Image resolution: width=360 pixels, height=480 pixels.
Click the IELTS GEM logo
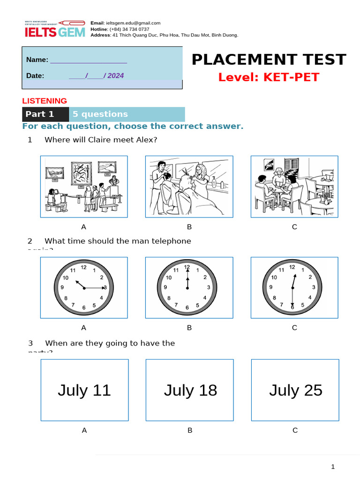coord(54,29)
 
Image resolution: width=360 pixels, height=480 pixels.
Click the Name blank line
coord(88,60)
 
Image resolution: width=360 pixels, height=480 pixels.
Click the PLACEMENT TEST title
coord(269,60)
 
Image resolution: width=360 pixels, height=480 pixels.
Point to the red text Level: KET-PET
coord(269,77)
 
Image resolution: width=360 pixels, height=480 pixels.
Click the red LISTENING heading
coord(45,101)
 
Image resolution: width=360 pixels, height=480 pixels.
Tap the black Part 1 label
coord(40,114)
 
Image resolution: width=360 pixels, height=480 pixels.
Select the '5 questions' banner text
coord(100,114)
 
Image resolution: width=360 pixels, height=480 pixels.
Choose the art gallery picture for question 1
coord(84,187)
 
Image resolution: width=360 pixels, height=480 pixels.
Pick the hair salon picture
coord(189,187)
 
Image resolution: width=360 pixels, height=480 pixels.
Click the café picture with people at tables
coord(294,187)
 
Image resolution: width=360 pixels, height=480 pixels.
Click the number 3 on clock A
coord(105,287)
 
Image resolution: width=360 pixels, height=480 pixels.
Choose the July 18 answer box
coord(190,390)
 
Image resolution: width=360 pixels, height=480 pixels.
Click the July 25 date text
coord(296,390)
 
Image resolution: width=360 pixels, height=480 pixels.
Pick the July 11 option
coord(84,390)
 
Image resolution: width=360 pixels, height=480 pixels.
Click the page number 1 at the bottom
coord(333,466)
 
